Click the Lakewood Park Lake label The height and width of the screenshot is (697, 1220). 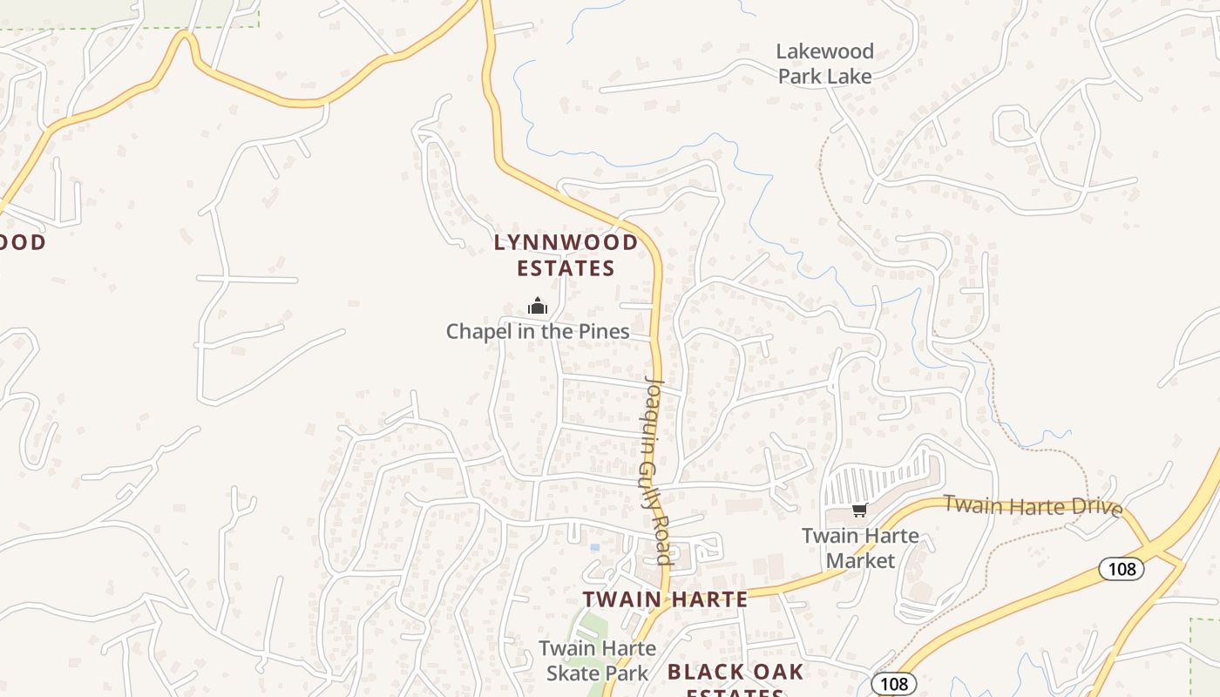tap(824, 64)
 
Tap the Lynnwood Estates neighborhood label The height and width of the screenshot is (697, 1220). tap(566, 254)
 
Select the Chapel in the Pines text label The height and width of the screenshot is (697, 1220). tap(538, 331)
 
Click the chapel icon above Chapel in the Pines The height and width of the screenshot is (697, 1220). tap(538, 306)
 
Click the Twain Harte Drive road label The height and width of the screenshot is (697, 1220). tap(1033, 505)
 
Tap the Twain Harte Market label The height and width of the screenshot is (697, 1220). tap(860, 547)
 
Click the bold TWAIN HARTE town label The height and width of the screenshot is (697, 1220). tap(665, 599)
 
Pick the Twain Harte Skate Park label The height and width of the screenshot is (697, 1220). tap(598, 660)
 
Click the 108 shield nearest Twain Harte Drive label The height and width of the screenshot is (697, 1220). tap(1121, 569)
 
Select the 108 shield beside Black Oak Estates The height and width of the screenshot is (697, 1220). tap(894, 684)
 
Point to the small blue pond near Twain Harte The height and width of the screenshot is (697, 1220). tap(595, 547)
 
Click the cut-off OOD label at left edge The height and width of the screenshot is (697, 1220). tap(23, 242)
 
